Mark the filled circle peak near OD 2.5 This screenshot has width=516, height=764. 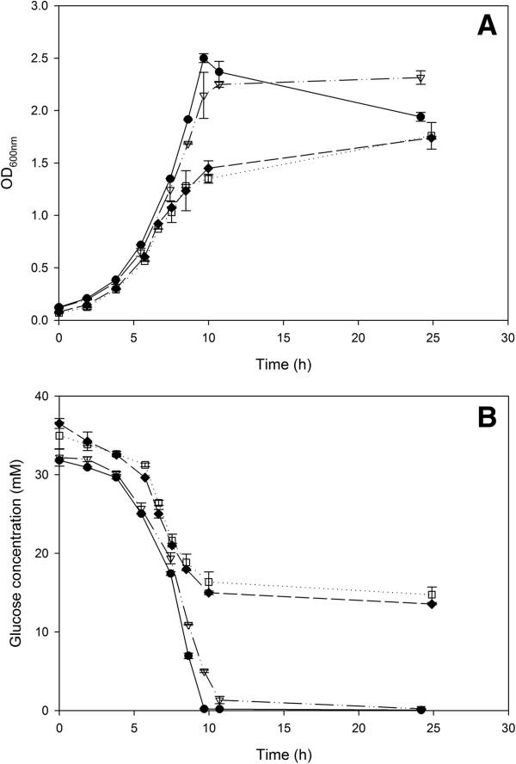pyautogui.click(x=204, y=59)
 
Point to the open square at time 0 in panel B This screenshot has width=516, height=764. pyautogui.click(x=58, y=435)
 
